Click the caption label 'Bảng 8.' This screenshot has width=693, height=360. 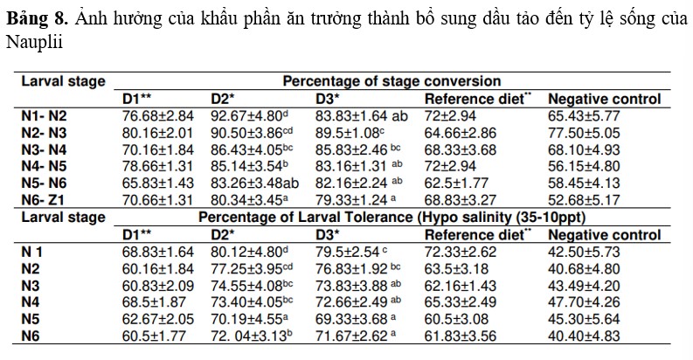point(30,17)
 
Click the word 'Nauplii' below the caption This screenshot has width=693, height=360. point(29,41)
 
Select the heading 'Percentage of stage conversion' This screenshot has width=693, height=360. point(392,81)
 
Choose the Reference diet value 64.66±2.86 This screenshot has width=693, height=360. point(466,132)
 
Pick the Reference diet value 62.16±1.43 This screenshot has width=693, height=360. point(466,286)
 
